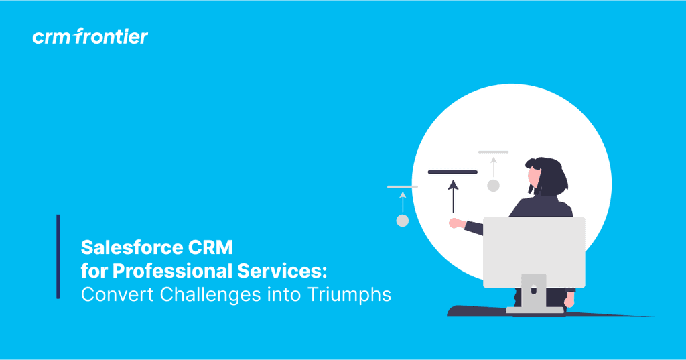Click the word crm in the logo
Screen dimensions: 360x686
click(x=51, y=37)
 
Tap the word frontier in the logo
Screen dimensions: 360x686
click(x=111, y=36)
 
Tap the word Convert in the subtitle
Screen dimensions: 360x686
click(x=110, y=294)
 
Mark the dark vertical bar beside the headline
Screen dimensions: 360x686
click(x=58, y=256)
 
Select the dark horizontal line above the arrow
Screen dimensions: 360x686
click(x=453, y=172)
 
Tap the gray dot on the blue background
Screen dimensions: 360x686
click(x=403, y=221)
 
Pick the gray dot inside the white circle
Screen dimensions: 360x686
click(x=494, y=186)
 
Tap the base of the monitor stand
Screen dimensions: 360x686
click(x=534, y=310)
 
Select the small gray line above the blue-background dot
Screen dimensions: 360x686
click(x=402, y=187)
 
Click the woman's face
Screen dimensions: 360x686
click(x=534, y=177)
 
